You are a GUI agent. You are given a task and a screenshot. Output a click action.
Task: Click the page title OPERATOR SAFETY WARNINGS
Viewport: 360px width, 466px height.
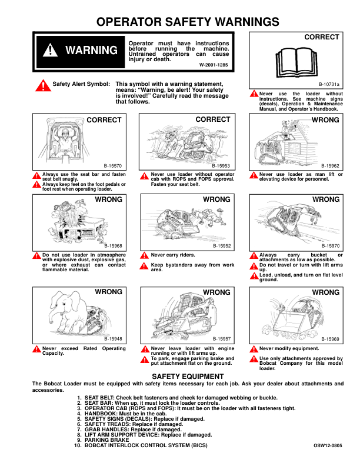tap(188, 22)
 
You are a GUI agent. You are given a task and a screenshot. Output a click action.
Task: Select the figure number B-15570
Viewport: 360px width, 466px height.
tap(113, 167)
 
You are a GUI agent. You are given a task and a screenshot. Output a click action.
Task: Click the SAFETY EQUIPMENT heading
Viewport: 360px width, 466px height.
tap(188, 375)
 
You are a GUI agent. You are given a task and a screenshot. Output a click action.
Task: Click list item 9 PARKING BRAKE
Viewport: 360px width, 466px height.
tap(106, 440)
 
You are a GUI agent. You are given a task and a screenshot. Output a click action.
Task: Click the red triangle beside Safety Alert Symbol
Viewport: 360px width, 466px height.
tap(42, 86)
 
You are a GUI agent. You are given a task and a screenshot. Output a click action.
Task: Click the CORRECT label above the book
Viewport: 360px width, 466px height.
tap(322, 37)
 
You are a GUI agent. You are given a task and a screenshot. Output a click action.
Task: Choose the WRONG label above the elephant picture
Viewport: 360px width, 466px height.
tap(109, 292)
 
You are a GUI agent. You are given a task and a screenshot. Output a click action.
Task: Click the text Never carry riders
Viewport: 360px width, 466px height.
tap(173, 255)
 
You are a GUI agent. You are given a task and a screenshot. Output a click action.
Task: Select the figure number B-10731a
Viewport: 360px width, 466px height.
tap(329, 85)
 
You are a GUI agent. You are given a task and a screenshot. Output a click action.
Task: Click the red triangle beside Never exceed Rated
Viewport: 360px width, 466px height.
tap(36, 349)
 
